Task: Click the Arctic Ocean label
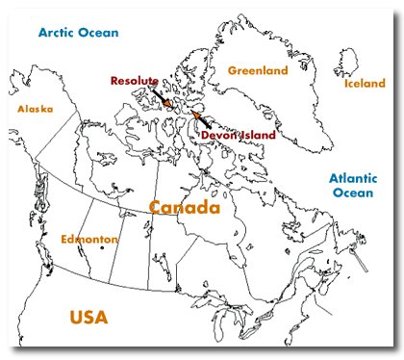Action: click(80, 33)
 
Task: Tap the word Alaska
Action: click(34, 109)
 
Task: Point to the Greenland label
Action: click(257, 70)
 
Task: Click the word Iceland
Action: click(365, 84)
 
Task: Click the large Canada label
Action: click(184, 207)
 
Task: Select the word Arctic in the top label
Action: click(59, 33)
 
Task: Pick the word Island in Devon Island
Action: click(257, 136)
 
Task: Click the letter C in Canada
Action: click(157, 207)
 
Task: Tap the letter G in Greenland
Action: click(232, 70)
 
